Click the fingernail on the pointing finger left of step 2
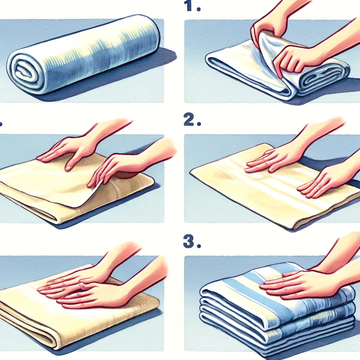tap(68, 168)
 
